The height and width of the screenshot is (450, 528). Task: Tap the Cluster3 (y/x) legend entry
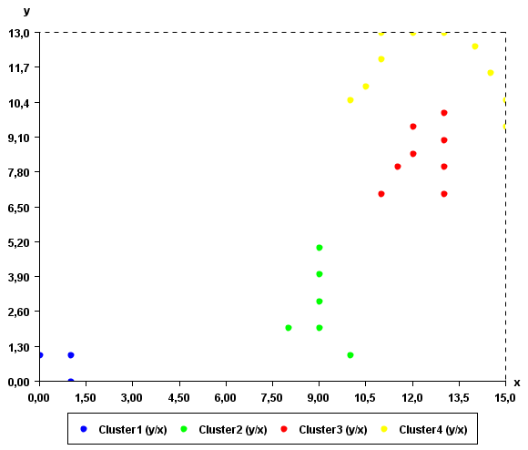tap(326, 429)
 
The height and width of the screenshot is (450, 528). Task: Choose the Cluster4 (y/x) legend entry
tap(426, 429)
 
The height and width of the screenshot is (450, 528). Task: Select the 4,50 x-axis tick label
tap(179, 397)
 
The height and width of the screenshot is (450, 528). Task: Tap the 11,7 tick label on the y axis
tap(18, 67)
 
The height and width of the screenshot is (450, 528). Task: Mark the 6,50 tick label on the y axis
tap(18, 208)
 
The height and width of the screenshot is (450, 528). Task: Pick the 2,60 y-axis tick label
tap(18, 312)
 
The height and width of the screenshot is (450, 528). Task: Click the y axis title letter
tap(25, 11)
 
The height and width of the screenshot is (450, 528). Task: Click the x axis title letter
tap(516, 383)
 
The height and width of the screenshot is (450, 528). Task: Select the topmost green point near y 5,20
tap(320, 248)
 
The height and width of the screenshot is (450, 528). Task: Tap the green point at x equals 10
tap(350, 355)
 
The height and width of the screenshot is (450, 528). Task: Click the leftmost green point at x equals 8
tap(289, 328)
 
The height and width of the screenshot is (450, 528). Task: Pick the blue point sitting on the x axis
tap(70, 382)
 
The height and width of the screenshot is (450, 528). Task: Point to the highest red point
tap(444, 113)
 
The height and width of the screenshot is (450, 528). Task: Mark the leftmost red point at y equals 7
tap(381, 194)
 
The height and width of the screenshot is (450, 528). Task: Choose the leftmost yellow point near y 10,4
tap(350, 100)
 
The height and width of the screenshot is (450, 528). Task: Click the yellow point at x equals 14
tap(475, 46)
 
